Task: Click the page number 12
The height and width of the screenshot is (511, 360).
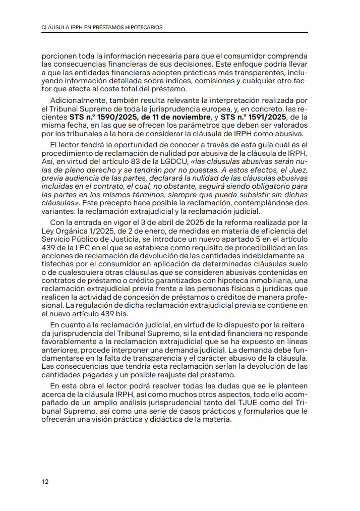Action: point(45,481)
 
